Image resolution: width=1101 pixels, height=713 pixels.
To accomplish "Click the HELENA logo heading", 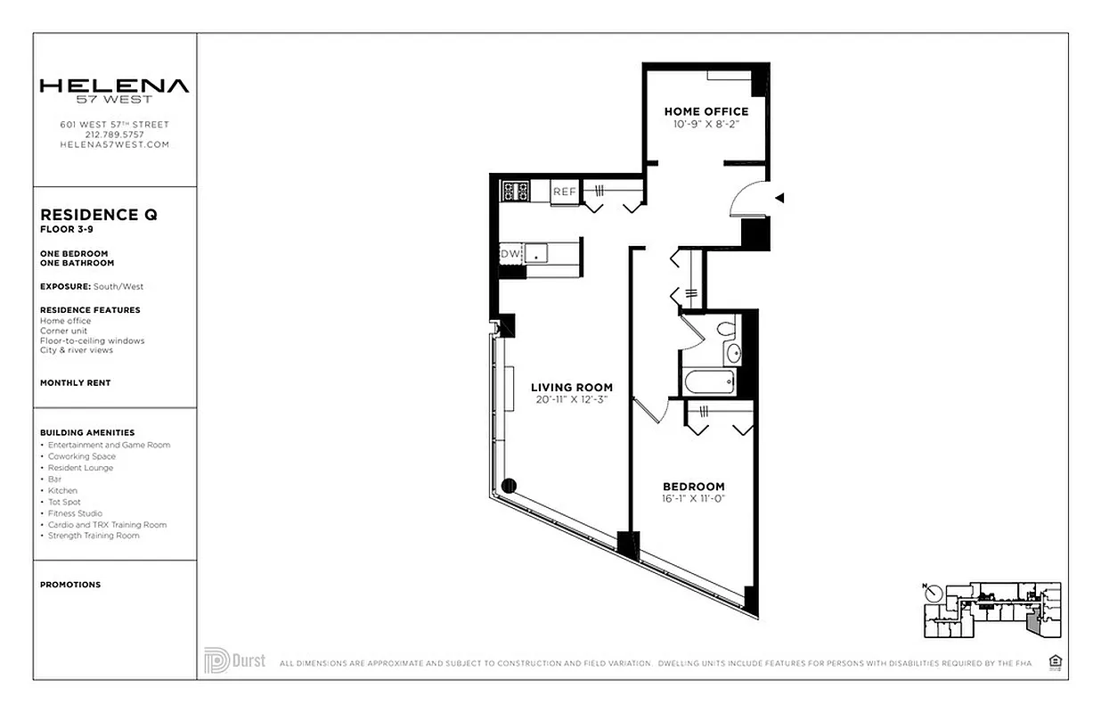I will [x=114, y=86].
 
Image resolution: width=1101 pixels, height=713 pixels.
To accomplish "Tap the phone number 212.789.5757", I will [x=114, y=135].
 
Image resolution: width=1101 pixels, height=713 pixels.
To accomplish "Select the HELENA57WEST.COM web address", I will [x=114, y=144].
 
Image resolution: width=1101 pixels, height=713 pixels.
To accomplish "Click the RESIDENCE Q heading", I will [x=99, y=215].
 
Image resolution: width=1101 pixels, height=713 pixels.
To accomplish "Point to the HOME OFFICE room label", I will [x=706, y=111].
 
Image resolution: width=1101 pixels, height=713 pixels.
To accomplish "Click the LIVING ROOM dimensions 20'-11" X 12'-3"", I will [x=572, y=399].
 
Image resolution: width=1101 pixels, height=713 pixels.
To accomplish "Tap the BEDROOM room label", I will [x=693, y=487].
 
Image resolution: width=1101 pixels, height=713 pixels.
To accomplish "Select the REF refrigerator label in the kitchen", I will [x=564, y=192].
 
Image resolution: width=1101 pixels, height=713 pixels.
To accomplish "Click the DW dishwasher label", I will [x=510, y=254].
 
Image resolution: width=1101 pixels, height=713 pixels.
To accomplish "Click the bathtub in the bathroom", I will [x=709, y=382].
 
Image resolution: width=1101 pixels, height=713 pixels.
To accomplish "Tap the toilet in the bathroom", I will [x=726, y=330].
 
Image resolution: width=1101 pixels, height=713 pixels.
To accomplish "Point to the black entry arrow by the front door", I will [x=779, y=198].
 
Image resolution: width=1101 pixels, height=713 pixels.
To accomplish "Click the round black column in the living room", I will [x=510, y=486].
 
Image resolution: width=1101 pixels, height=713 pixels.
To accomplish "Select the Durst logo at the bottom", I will [x=234, y=660].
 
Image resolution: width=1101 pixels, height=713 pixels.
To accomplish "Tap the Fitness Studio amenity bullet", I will [x=75, y=513].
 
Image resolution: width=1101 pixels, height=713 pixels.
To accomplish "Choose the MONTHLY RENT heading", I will [x=76, y=382].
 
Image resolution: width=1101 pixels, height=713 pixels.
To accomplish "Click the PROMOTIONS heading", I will [x=70, y=585].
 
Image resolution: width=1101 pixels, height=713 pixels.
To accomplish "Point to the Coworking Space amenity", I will [x=82, y=456].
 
